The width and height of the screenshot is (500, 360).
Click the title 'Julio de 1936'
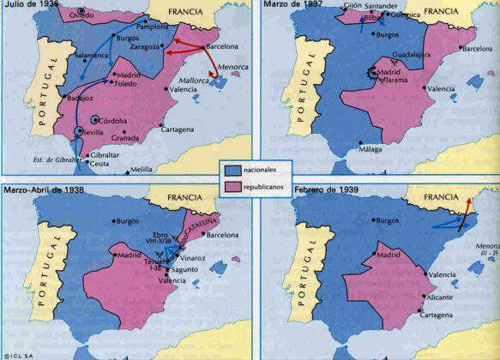30,6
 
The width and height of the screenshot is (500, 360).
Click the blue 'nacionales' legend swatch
234,169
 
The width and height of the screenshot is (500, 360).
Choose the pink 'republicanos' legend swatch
234,185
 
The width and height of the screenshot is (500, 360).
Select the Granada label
149,137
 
